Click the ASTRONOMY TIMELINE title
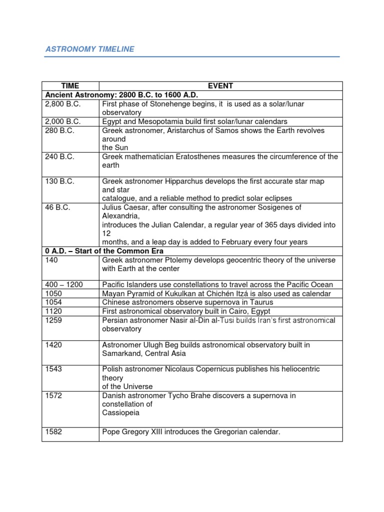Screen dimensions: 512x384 click(x=90, y=49)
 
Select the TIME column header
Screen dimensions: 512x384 click(x=70, y=86)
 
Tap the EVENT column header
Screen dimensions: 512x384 click(x=220, y=86)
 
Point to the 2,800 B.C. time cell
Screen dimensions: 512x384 click(x=62, y=104)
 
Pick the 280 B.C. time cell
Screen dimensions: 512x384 click(x=59, y=130)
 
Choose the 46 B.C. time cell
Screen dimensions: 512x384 click(x=57, y=207)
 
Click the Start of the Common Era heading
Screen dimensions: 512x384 click(x=104, y=251)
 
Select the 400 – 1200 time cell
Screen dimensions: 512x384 click(x=64, y=284)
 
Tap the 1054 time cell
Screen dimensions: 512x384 click(x=53, y=302)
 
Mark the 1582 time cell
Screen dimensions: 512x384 click(x=53, y=431)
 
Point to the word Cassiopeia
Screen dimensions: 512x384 click(x=120, y=413)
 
